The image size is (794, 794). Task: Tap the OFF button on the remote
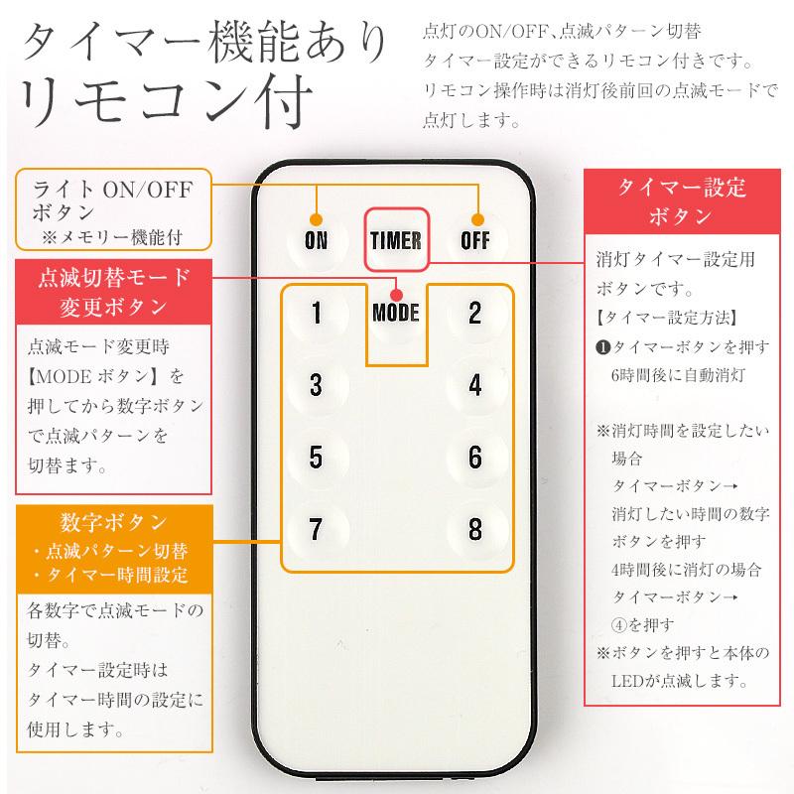click(474, 241)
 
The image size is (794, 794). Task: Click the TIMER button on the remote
click(395, 241)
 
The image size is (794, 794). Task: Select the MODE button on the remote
click(395, 314)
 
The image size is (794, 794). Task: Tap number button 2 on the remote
click(474, 314)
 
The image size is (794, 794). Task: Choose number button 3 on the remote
click(316, 385)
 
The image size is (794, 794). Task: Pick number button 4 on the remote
click(474, 385)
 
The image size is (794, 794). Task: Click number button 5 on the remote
click(316, 457)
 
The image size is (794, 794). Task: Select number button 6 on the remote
click(474, 457)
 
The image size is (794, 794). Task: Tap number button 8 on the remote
click(474, 527)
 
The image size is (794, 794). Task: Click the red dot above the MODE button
click(395, 293)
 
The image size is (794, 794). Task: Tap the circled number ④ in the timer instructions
click(621, 625)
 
